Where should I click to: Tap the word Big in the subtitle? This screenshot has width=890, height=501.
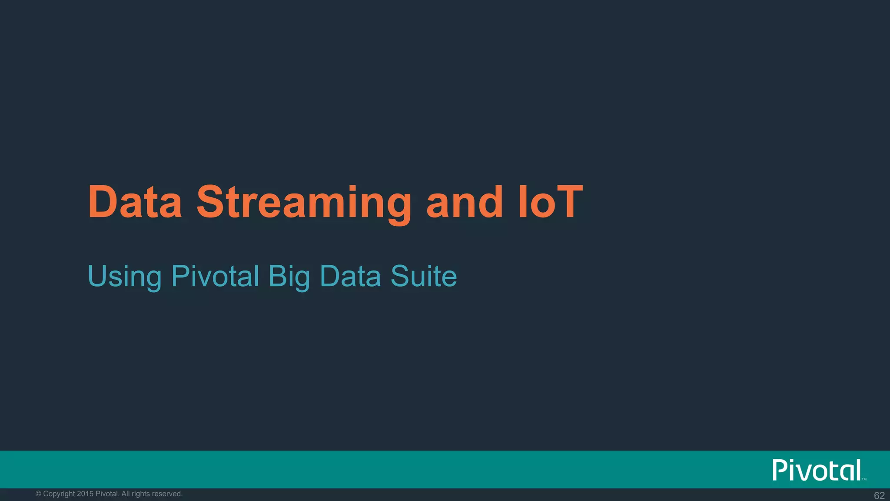[x=289, y=277]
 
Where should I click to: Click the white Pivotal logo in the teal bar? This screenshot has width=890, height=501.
[x=817, y=470]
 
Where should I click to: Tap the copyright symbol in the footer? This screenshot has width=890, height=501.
[x=38, y=494]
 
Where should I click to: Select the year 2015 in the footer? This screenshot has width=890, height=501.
[x=85, y=494]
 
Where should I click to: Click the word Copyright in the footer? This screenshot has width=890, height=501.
[x=59, y=494]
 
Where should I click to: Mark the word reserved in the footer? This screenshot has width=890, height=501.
[x=167, y=494]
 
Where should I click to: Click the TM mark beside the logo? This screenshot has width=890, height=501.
[x=864, y=479]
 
